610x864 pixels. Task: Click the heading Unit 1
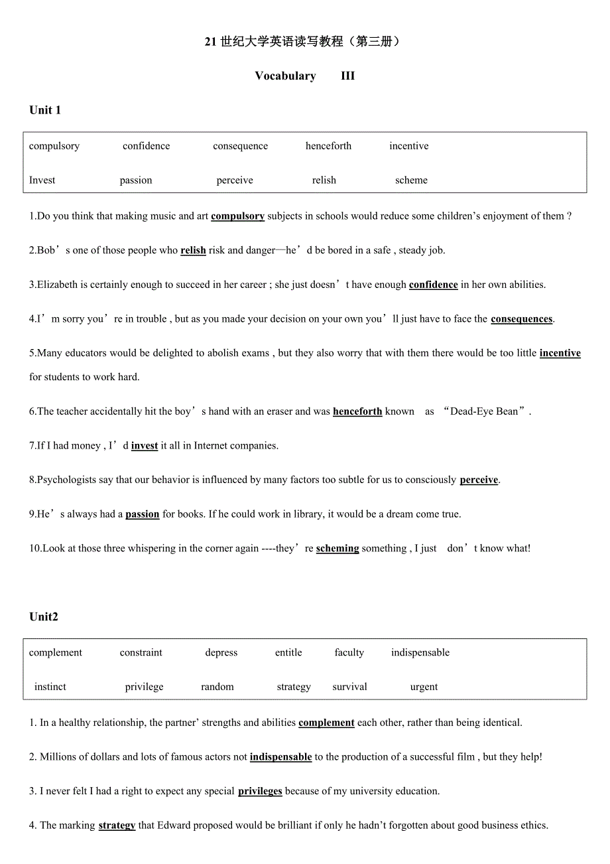45,110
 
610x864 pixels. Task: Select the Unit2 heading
44,616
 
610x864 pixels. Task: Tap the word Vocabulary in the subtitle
285,76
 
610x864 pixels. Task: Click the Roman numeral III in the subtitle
348,76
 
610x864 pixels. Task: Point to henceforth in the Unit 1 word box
328,146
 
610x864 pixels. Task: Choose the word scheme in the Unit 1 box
411,180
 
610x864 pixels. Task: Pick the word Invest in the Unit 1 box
42,180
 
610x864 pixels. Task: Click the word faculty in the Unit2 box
349,652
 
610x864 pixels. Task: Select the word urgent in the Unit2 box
424,687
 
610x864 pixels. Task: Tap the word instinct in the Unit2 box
50,687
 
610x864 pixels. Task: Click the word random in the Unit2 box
217,687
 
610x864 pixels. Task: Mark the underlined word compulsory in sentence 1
237,216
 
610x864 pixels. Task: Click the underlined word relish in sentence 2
193,250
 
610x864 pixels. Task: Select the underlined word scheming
337,548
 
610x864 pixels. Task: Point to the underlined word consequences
521,319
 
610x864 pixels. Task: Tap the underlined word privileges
260,791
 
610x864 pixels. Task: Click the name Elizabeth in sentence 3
58,285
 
